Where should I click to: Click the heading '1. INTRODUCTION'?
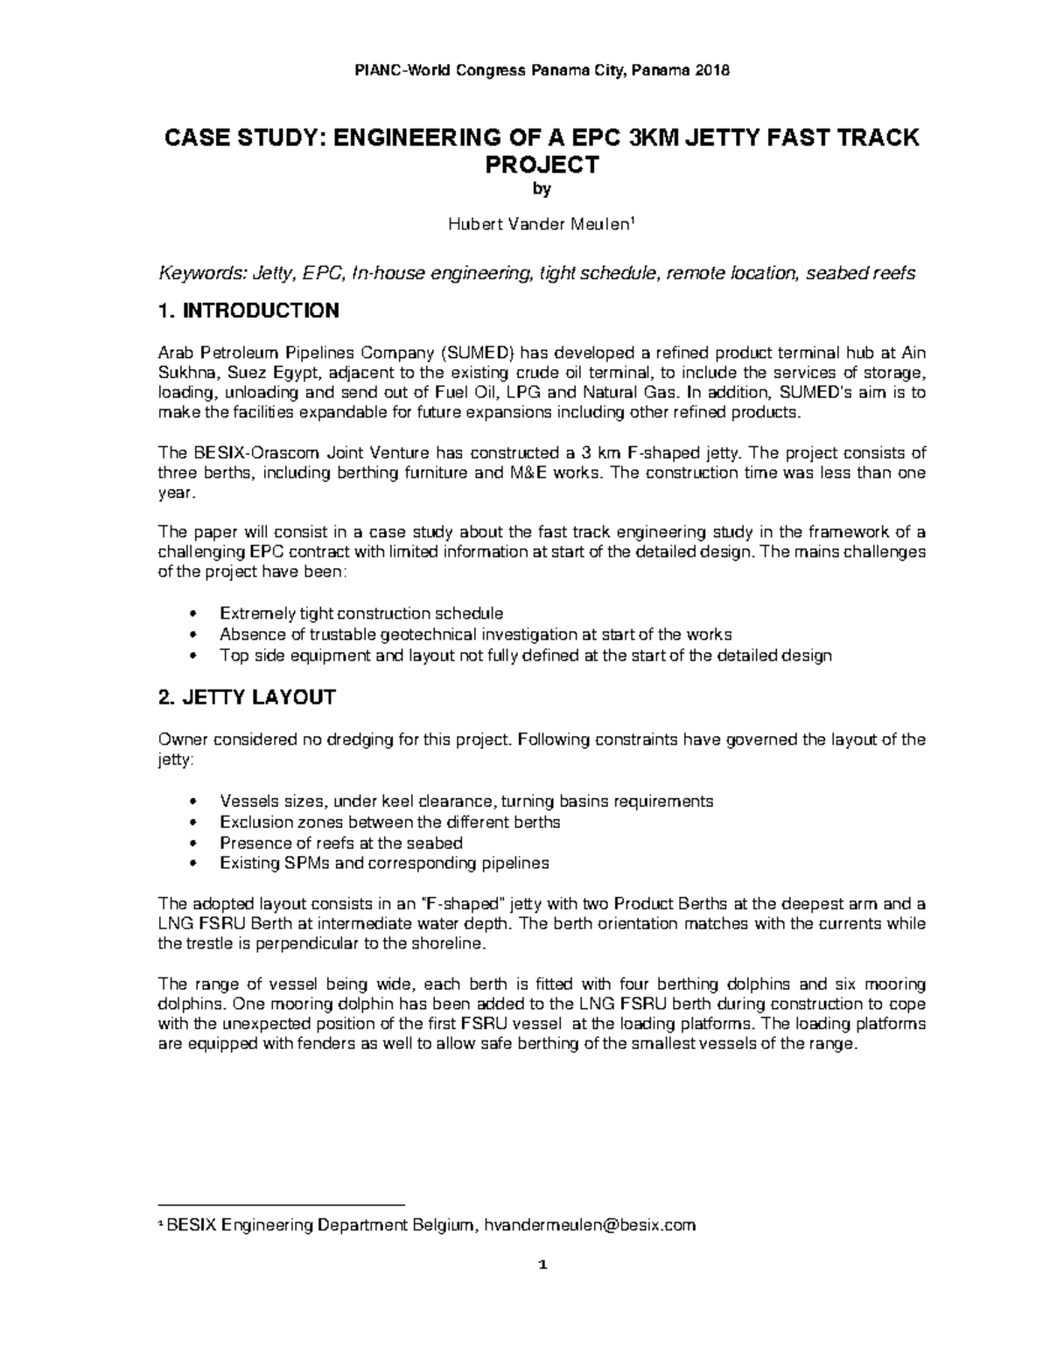248,311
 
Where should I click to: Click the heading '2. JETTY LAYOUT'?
246,697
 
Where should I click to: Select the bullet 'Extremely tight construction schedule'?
360,613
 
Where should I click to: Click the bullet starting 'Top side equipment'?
525,655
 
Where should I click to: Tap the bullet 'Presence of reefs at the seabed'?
340,843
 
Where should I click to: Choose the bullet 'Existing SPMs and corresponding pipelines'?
384,863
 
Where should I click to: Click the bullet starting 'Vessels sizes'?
465,801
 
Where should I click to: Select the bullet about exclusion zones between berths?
389,822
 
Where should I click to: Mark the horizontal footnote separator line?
281,1204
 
